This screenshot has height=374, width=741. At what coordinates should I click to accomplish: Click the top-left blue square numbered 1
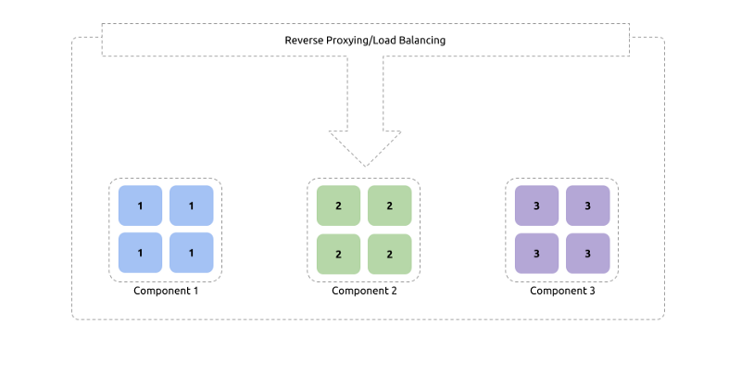pyautogui.click(x=141, y=206)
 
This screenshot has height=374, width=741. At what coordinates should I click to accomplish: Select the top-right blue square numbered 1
pyautogui.click(x=192, y=206)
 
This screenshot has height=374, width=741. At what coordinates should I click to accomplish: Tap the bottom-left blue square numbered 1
pyautogui.click(x=141, y=253)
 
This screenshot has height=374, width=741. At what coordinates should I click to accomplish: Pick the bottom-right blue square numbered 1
pyautogui.click(x=192, y=253)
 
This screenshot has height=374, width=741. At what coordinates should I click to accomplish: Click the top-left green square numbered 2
pyautogui.click(x=338, y=206)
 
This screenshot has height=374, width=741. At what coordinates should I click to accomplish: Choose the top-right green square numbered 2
pyautogui.click(x=390, y=206)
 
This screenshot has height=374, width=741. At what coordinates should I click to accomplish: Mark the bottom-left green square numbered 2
pyautogui.click(x=338, y=254)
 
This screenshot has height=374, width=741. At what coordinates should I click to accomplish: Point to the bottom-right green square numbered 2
pyautogui.click(x=390, y=254)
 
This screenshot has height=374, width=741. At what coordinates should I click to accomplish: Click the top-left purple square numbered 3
pyautogui.click(x=537, y=206)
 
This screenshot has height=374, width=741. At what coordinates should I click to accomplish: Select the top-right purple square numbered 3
pyautogui.click(x=588, y=206)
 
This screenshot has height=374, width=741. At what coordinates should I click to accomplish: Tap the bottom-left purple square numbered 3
pyautogui.click(x=537, y=254)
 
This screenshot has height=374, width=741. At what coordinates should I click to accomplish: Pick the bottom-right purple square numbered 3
pyautogui.click(x=588, y=254)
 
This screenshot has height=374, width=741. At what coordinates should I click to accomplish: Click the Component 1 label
pyautogui.click(x=166, y=291)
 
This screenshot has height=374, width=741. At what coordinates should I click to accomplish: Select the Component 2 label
pyautogui.click(x=364, y=291)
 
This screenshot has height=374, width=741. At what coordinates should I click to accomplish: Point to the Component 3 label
pyautogui.click(x=562, y=291)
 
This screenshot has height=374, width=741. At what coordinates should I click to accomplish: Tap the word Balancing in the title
pyautogui.click(x=422, y=41)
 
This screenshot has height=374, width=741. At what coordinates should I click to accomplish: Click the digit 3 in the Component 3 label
pyautogui.click(x=592, y=291)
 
